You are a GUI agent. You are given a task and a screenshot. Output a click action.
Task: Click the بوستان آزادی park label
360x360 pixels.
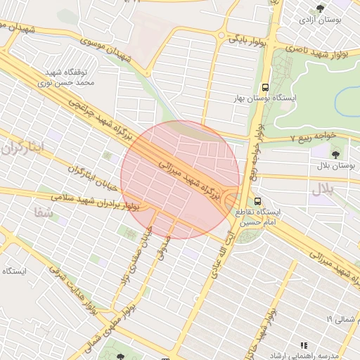pyautogui.click(x=320, y=21)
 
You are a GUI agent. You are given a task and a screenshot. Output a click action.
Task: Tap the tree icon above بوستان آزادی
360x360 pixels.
pyautogui.click(x=321, y=8)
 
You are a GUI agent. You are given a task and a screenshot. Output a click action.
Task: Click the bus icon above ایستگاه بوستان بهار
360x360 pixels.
pyautogui.click(x=265, y=87)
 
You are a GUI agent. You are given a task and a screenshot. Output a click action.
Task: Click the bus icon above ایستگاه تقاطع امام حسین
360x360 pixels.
pyautogui.click(x=257, y=200)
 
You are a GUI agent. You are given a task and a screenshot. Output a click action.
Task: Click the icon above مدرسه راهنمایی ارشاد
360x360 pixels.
pyautogui.click(x=304, y=345)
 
